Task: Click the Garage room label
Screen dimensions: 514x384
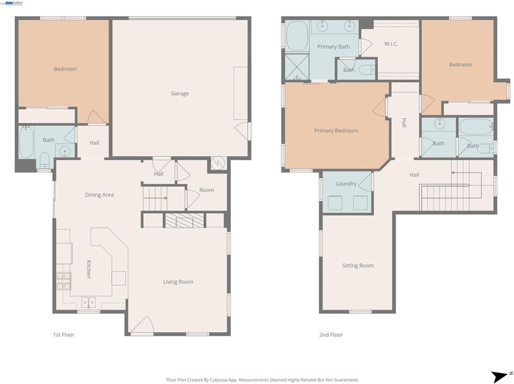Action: pyautogui.click(x=180, y=94)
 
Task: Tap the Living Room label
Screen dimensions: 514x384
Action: pyautogui.click(x=178, y=282)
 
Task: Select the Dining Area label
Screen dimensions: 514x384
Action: pyautogui.click(x=100, y=195)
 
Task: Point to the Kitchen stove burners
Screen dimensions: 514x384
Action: pyautogui.click(x=64, y=281)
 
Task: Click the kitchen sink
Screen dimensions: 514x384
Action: pyautogui.click(x=89, y=302)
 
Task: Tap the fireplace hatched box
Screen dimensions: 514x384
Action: pyautogui.click(x=184, y=220)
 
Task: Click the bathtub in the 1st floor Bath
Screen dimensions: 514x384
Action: pyautogui.click(x=26, y=143)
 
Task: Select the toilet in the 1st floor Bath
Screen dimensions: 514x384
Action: pyautogui.click(x=44, y=159)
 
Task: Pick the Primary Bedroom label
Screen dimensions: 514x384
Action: pyautogui.click(x=336, y=131)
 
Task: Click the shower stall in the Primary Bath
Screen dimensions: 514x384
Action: pyautogui.click(x=297, y=67)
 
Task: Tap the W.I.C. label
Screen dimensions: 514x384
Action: pyautogui.click(x=391, y=44)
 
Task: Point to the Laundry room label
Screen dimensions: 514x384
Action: pyautogui.click(x=346, y=184)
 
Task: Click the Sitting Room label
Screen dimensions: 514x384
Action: pyautogui.click(x=358, y=265)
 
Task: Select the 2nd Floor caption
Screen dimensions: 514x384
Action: pyautogui.click(x=331, y=335)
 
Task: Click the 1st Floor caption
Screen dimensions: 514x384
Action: pyautogui.click(x=64, y=335)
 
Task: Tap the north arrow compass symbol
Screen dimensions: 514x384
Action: pyautogui.click(x=501, y=376)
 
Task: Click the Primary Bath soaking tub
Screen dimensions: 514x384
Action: pyautogui.click(x=297, y=36)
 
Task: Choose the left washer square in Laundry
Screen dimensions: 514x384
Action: pyautogui.click(x=335, y=203)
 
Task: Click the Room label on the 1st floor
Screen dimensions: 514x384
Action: pyautogui.click(x=206, y=190)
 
